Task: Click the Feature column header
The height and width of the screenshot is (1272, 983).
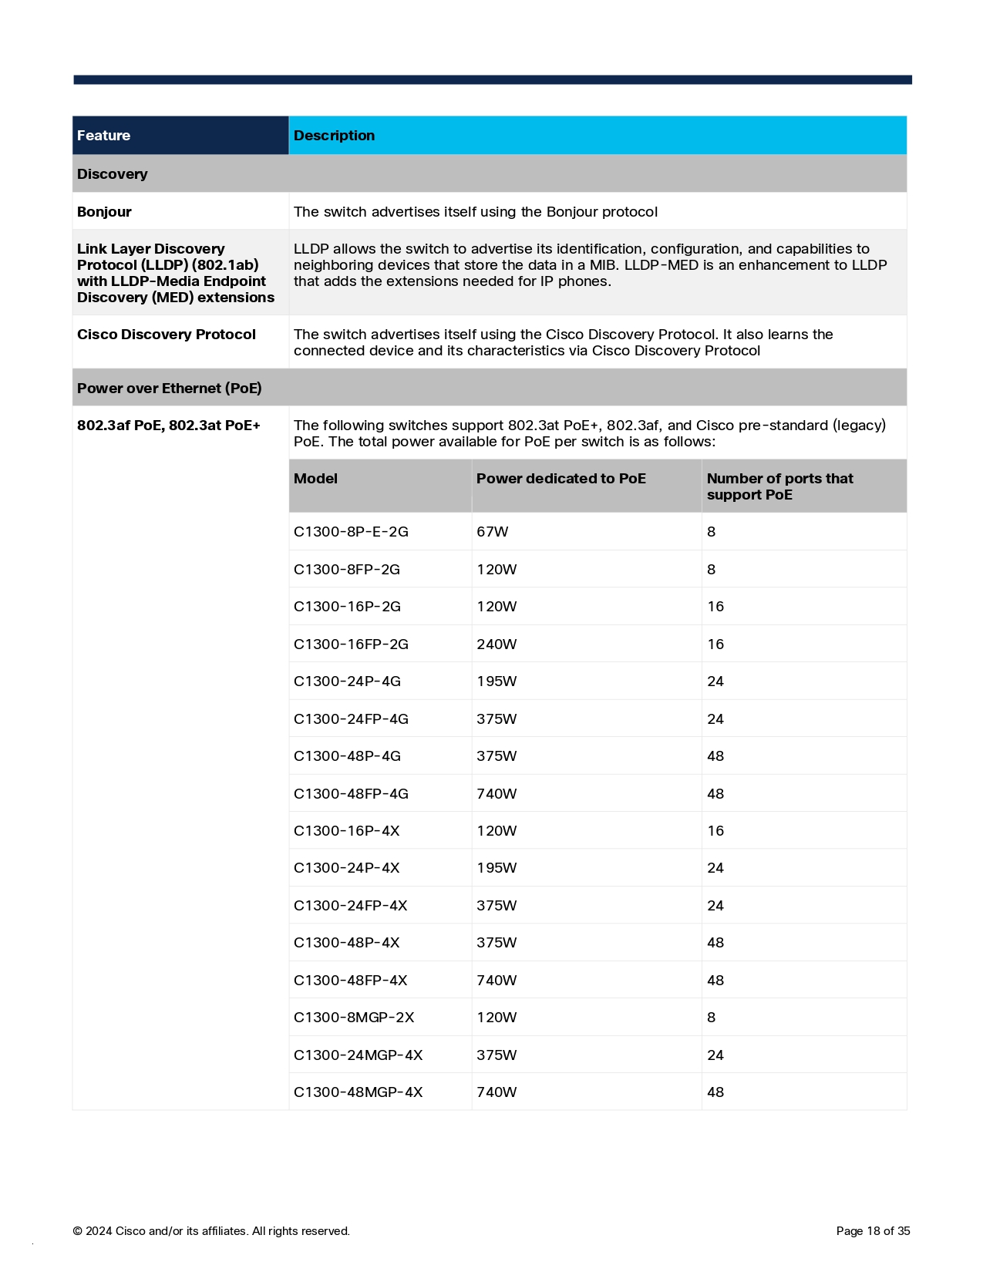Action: [103, 136]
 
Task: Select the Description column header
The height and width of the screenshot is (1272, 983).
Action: [334, 136]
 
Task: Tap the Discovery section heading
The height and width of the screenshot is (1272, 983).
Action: [112, 174]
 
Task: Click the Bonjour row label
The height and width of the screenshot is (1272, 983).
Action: [104, 212]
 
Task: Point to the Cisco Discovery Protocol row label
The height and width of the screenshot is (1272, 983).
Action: [167, 335]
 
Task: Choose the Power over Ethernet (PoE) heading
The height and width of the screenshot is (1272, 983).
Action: [169, 389]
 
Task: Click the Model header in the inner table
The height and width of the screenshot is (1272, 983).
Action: [315, 479]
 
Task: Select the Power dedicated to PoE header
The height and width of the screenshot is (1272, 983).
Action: [561, 479]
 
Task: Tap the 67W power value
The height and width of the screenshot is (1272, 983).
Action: [492, 532]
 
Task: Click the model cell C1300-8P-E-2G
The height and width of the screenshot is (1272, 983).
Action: [351, 532]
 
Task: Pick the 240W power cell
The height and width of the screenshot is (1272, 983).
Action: [497, 644]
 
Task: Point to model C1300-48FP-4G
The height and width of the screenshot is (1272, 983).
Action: [351, 794]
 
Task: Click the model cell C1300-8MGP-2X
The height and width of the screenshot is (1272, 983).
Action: [354, 1018]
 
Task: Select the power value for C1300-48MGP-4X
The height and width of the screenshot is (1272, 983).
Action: [497, 1092]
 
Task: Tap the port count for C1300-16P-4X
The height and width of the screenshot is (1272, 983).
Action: [715, 831]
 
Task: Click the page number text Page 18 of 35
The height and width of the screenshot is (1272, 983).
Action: [873, 1231]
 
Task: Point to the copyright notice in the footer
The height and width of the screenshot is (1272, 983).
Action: [211, 1231]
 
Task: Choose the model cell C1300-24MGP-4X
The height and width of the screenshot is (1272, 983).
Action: [358, 1055]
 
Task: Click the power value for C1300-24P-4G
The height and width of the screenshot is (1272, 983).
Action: [497, 681]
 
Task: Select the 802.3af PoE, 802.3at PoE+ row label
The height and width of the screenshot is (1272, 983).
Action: [168, 426]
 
